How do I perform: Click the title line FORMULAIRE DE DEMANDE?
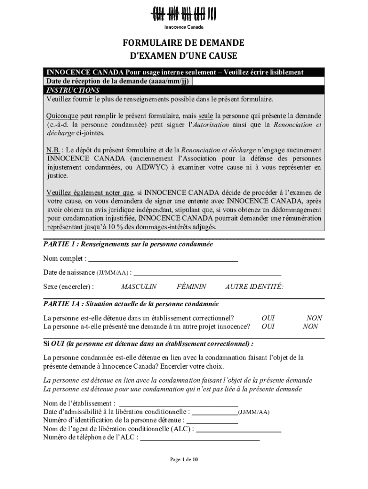[184, 43]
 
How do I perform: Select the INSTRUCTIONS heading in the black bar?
[73, 90]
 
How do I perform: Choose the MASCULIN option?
[139, 287]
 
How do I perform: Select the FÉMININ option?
[191, 287]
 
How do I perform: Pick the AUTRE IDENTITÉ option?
[254, 287]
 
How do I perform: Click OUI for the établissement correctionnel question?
[268, 318]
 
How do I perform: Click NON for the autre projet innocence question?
[310, 327]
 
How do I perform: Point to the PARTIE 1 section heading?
[128, 244]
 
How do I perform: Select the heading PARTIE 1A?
[131, 304]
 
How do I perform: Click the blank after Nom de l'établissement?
[178, 404]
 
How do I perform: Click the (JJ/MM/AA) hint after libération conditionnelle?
[254, 411]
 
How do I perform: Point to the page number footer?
[184, 459]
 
